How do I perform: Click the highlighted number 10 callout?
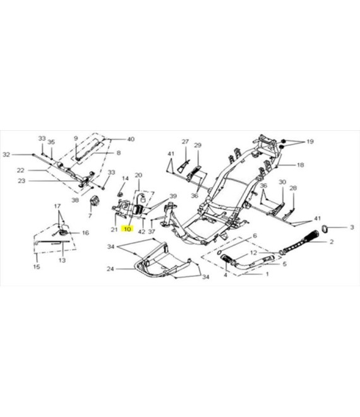[x=128, y=229]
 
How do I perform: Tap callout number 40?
[x=131, y=139]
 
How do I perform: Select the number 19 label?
[x=310, y=142]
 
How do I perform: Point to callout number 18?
[x=300, y=165]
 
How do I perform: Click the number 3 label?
[x=352, y=227]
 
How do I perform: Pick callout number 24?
[x=111, y=269]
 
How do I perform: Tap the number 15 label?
[x=37, y=267]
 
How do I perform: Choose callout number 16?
[x=85, y=233]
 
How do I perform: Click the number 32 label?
[x=6, y=155]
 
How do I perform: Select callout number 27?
[x=185, y=142]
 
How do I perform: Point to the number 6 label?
[x=255, y=236]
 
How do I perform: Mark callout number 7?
[x=90, y=215]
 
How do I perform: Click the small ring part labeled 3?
[x=325, y=228]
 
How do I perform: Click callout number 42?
[x=141, y=232]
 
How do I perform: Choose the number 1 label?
[x=267, y=274]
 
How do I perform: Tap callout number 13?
[x=62, y=260]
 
